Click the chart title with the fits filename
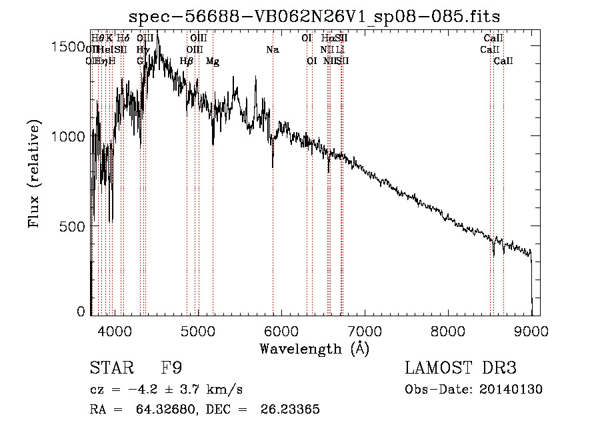point(315,15)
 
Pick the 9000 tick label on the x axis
point(531,330)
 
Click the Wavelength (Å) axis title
point(314,349)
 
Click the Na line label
point(272,50)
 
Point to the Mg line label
point(213,61)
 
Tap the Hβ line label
point(187,61)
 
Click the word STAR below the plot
point(107,368)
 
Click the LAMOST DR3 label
point(461,368)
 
